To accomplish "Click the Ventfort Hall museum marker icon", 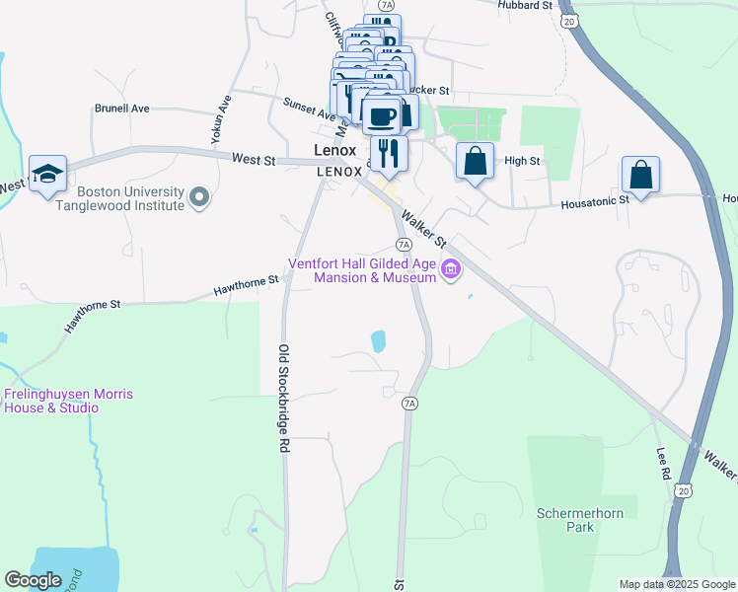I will pos(451,268).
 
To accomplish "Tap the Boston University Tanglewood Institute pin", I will pos(200,198).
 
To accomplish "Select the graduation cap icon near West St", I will pos(46,174).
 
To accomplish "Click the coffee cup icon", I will pos(382,116).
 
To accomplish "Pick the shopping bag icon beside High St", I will pos(475,161).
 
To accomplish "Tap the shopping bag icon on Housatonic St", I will pos(640,175).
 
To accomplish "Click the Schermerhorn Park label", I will pos(565,520).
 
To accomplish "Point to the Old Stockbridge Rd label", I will pos(283,398).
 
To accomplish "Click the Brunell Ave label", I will pos(121,109).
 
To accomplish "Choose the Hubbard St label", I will pos(525,6).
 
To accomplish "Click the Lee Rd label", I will pos(662,466).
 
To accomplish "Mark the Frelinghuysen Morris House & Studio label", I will pos(66,401).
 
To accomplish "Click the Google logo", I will pos(33,580).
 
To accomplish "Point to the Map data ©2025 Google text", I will pos(676,584).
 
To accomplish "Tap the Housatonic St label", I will pos(595,200).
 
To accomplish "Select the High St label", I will pos(522,161).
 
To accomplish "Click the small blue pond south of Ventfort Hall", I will pos(378,341).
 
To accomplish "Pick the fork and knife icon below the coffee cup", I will pos(388,150).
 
